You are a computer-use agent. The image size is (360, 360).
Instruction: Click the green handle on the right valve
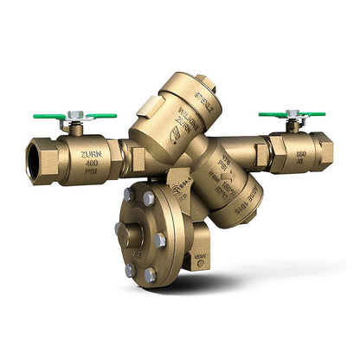[x=291, y=113]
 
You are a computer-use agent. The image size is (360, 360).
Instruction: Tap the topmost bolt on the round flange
[x=150, y=198]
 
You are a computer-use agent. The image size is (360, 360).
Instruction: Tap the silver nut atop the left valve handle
[x=75, y=114]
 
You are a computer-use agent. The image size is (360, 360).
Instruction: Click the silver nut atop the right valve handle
[x=292, y=113]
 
